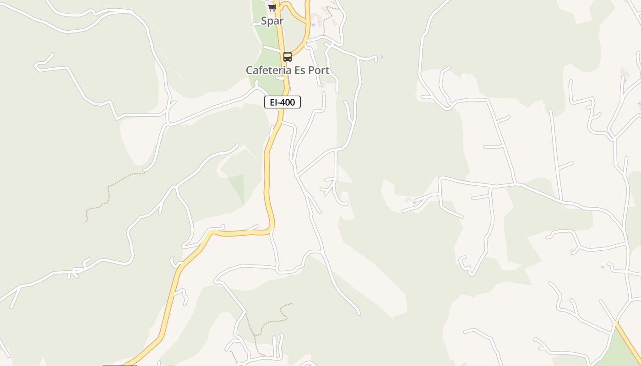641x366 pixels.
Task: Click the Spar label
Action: click(272, 21)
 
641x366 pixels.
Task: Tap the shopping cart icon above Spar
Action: click(272, 8)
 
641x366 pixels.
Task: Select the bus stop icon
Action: click(288, 57)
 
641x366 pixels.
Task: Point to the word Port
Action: click(319, 70)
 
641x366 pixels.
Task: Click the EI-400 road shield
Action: click(282, 102)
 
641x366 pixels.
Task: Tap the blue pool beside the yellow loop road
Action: click(314, 25)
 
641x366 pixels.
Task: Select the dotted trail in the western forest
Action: click(109, 192)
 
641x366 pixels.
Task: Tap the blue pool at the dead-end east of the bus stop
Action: click(382, 57)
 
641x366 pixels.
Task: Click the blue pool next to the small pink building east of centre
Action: click(414, 203)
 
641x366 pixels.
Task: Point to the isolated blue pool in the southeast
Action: click(603, 267)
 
